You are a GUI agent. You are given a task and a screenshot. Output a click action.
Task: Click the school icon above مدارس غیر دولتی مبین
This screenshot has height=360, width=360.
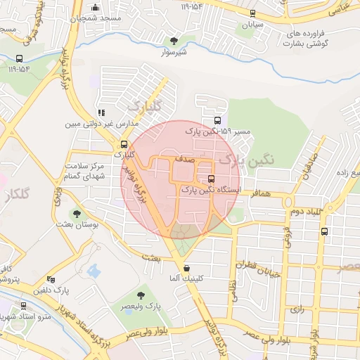point(102,112)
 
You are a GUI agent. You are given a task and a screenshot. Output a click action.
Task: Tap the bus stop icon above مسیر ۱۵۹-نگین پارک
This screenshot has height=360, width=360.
point(217,120)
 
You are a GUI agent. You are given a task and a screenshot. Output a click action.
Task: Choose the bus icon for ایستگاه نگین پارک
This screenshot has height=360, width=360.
point(212,179)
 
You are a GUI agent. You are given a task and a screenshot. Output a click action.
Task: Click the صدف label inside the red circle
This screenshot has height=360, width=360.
point(185,160)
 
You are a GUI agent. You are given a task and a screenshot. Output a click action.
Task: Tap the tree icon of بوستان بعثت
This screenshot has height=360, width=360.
point(76,214)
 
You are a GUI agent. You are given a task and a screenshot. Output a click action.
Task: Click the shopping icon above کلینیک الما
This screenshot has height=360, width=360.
point(186,268)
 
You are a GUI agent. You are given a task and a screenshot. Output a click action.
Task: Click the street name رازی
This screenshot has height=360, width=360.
point(296,309)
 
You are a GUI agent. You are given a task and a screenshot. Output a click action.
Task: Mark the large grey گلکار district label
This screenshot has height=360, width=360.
point(19,195)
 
